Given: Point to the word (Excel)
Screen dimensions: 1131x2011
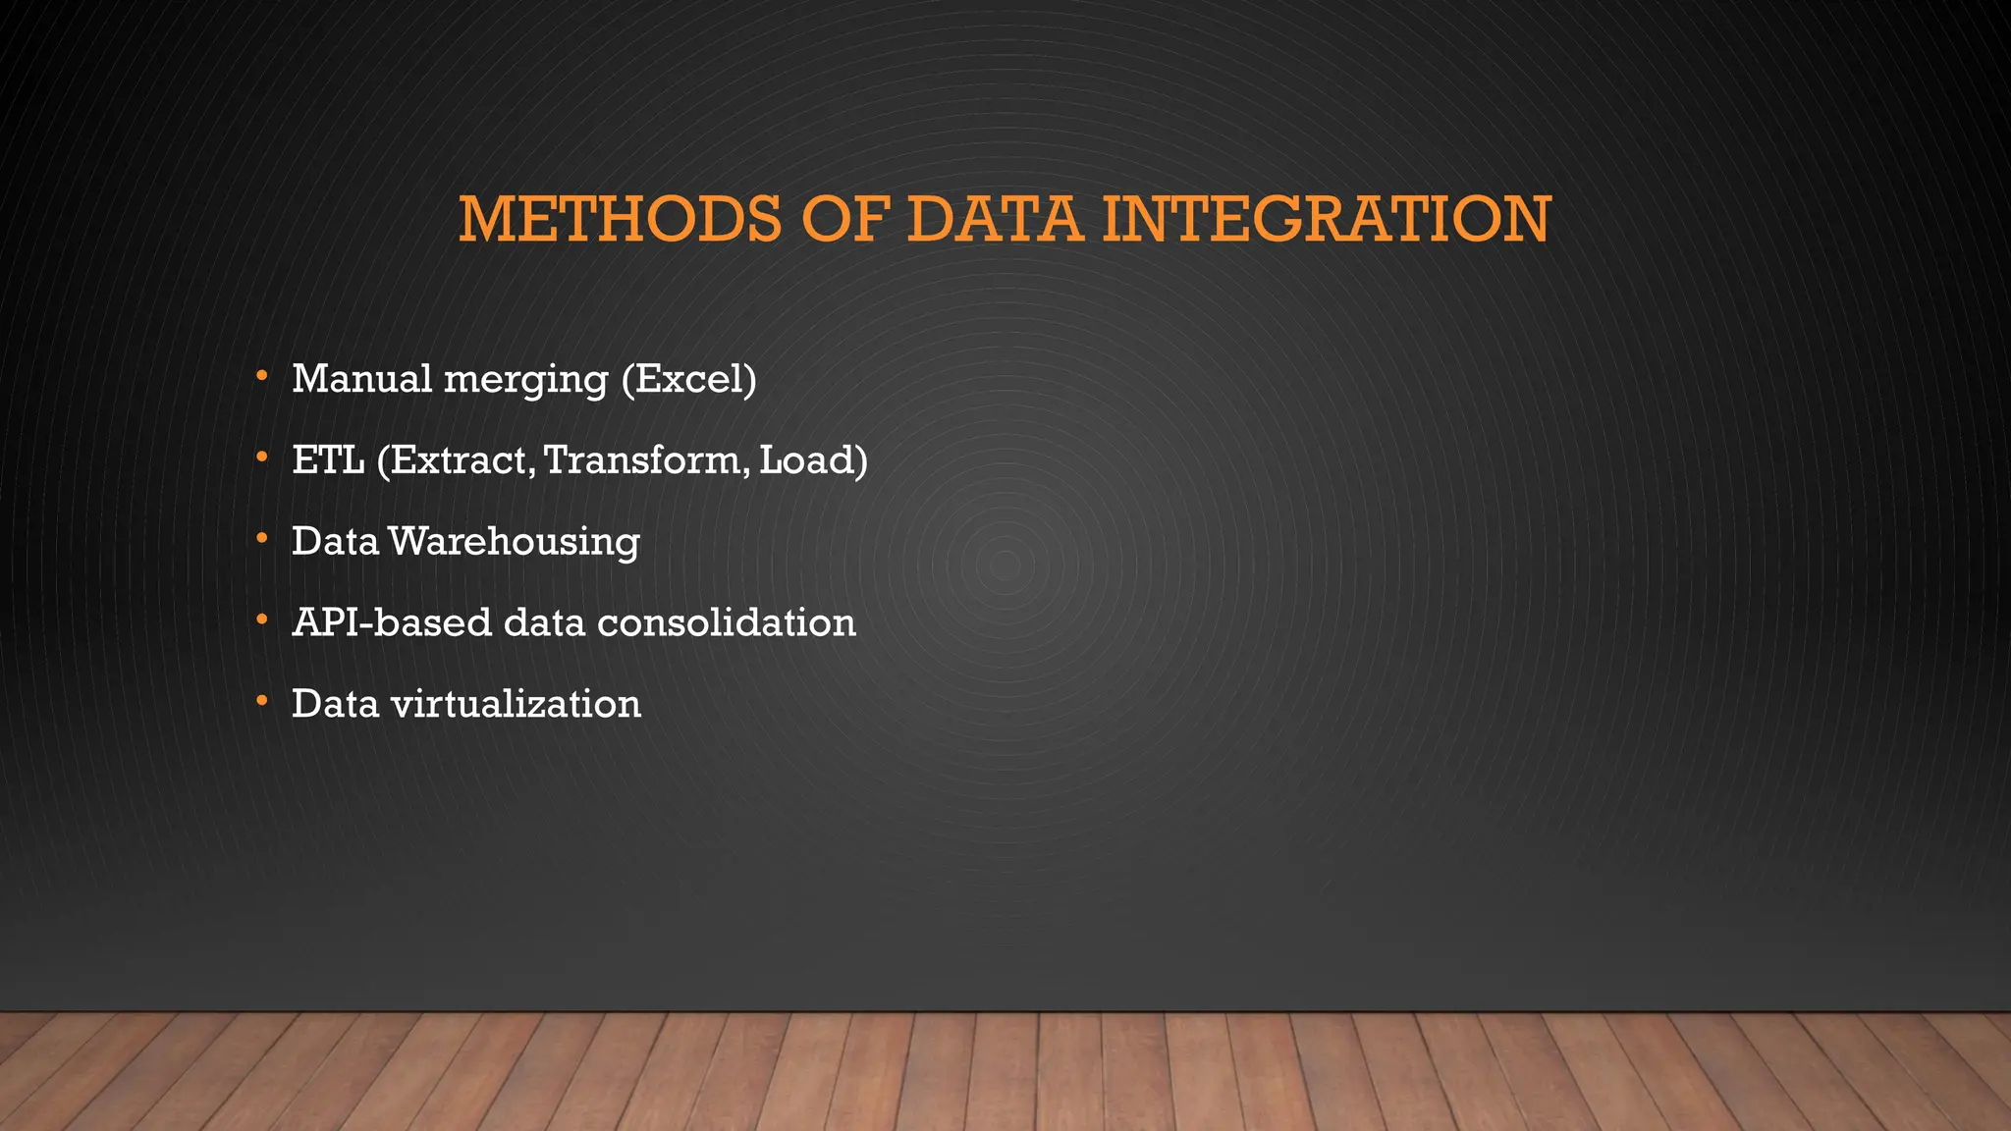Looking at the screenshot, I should [688, 379].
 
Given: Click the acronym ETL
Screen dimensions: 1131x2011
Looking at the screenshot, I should [328, 459].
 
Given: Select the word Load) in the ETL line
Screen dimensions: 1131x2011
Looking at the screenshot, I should [813, 459].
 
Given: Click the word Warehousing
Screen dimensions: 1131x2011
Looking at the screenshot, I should [514, 542].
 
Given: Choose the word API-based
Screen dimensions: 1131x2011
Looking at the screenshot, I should [391, 622].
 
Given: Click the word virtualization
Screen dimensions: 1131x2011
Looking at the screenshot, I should [516, 704].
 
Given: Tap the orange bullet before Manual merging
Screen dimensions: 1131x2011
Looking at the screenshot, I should [261, 376].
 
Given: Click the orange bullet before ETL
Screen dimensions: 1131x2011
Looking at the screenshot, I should [261, 458].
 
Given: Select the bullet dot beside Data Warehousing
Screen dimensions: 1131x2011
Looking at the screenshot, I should [261, 538].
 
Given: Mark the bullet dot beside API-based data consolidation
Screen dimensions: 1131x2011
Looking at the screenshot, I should [261, 619].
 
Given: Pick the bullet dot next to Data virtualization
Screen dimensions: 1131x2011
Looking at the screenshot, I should [261, 701].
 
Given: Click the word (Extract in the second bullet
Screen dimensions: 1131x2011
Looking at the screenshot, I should [456, 459].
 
